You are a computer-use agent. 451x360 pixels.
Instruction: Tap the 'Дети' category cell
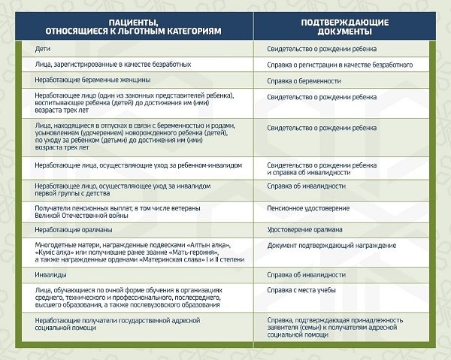[x=42, y=49]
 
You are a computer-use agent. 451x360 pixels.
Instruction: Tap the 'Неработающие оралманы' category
[x=76, y=229]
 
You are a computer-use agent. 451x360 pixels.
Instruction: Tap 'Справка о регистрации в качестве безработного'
[x=340, y=65]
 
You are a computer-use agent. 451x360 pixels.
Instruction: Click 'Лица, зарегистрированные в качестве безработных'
[x=117, y=65]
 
